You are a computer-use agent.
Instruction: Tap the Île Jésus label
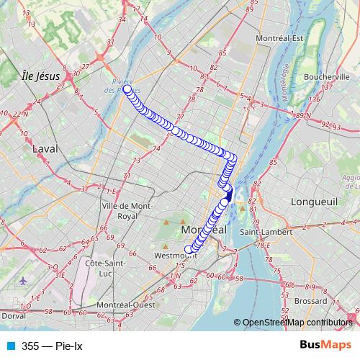click(40, 75)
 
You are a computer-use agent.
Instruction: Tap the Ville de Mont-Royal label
click(127, 210)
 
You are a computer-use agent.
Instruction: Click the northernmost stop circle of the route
click(127, 90)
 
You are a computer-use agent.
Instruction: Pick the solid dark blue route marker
click(230, 194)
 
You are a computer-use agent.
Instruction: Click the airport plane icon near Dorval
click(23, 280)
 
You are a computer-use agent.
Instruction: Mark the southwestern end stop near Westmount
click(189, 250)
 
